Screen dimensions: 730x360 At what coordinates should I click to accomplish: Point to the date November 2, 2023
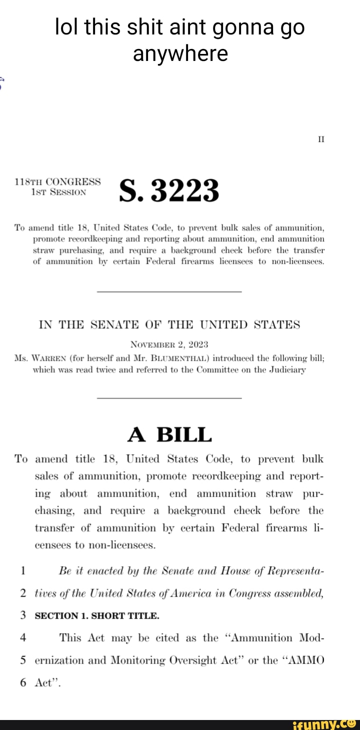[169, 344]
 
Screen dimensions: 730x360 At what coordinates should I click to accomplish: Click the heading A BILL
[169, 435]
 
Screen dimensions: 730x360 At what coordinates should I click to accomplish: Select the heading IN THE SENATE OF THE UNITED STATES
[169, 325]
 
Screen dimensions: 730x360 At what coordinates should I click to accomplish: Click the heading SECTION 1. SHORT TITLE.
[96, 616]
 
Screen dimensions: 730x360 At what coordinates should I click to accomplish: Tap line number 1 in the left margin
[23, 571]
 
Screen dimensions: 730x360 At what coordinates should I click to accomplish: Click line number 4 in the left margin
[23, 638]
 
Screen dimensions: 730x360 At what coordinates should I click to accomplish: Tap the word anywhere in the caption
[180, 53]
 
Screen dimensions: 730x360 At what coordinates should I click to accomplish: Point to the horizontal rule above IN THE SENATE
[169, 291]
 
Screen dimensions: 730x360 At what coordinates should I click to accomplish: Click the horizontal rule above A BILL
[169, 398]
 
